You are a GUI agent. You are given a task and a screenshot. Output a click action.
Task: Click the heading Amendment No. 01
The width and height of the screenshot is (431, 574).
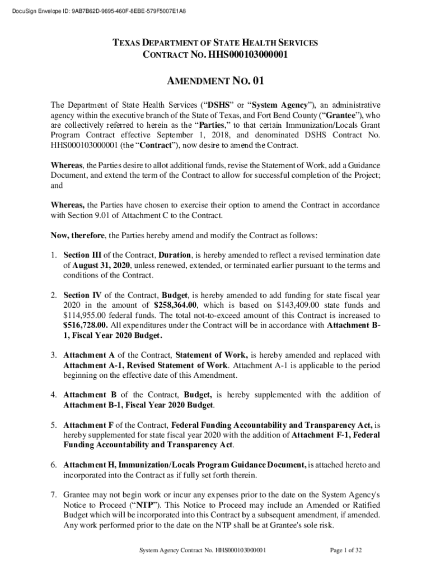point(215,81)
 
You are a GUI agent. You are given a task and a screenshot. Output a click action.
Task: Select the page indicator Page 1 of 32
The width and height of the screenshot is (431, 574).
point(346,550)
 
